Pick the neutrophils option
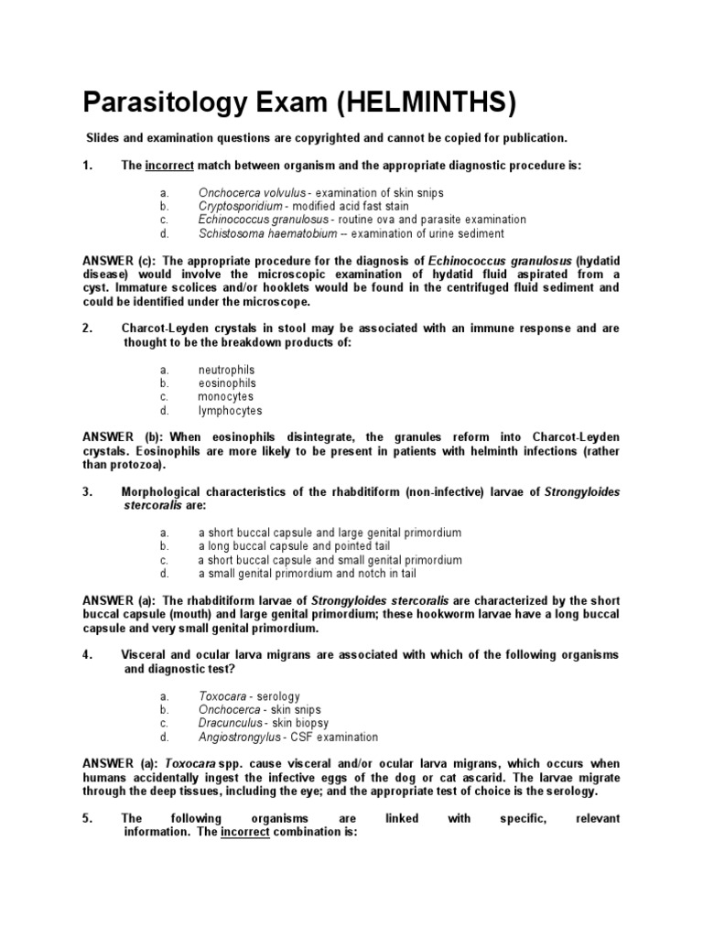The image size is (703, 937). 226,370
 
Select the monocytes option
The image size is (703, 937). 226,397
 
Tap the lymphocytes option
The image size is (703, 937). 230,411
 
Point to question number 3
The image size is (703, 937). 88,492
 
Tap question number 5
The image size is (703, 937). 88,819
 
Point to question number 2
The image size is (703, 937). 88,328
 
